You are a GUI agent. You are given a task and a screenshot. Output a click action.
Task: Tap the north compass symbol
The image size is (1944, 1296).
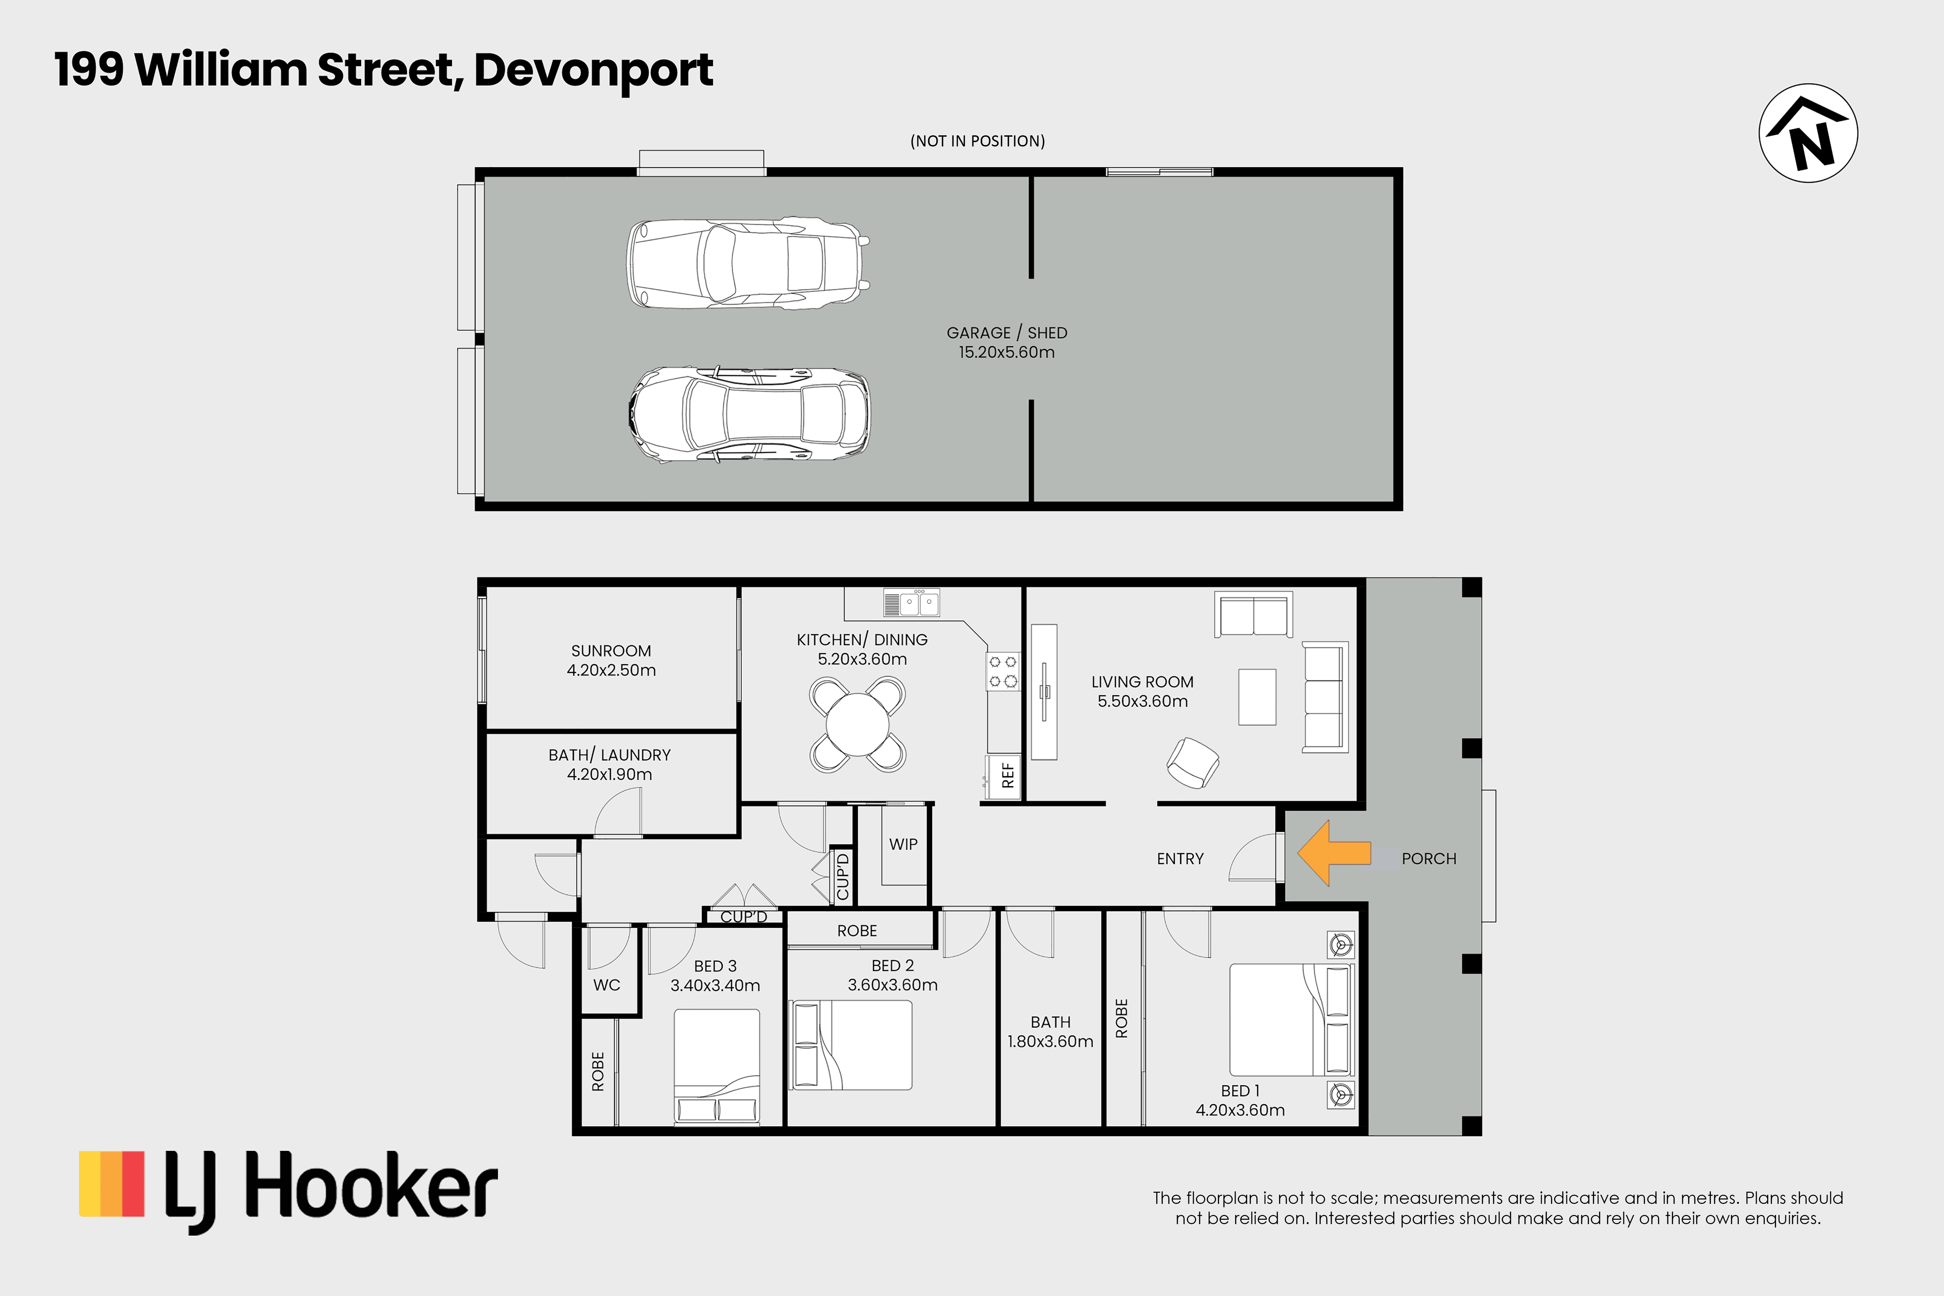[x=1808, y=133]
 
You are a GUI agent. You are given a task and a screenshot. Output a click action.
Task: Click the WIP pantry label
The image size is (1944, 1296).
[x=903, y=844]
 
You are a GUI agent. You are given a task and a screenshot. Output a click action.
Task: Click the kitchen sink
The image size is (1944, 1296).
[x=911, y=602]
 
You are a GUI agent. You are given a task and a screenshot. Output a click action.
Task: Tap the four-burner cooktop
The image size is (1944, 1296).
[x=1003, y=671]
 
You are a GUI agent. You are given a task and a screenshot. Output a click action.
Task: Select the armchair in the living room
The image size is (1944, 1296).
[x=1193, y=762]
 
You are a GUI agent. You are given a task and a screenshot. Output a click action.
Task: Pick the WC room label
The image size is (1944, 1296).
[x=607, y=985]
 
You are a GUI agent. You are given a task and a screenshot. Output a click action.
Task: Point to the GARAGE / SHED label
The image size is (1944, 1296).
[x=1007, y=332]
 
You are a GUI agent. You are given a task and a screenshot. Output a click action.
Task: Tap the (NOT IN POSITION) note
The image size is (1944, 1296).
[x=978, y=141]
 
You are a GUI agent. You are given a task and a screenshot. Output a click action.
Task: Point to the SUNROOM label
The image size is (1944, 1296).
[x=611, y=650]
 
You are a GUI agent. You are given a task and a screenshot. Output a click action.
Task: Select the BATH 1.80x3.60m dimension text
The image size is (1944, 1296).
[x=1051, y=1042]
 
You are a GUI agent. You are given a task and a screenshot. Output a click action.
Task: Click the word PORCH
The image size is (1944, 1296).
[x=1429, y=859]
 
